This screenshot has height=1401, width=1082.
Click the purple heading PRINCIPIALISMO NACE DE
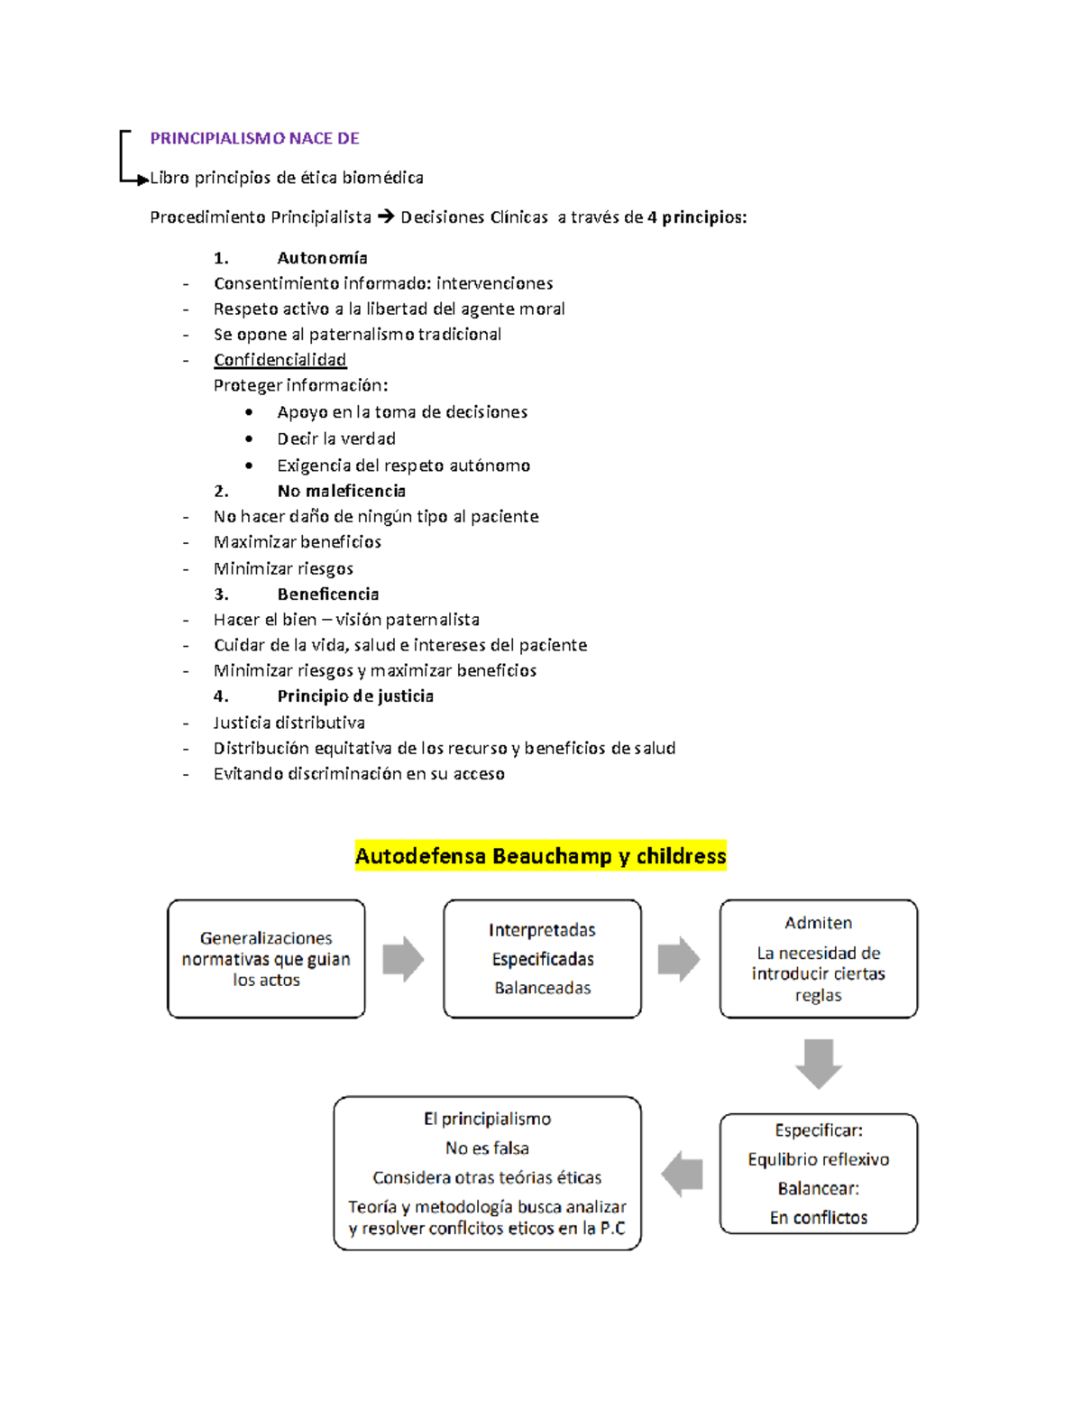pyautogui.click(x=254, y=138)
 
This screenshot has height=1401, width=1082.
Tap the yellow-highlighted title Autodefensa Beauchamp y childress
pyautogui.click(x=540, y=855)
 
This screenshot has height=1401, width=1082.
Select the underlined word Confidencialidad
pyautogui.click(x=280, y=360)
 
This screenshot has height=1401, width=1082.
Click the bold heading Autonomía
pyautogui.click(x=322, y=258)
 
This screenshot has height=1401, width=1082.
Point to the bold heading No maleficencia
pyautogui.click(x=341, y=491)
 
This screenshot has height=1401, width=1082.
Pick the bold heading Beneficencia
pyautogui.click(x=327, y=594)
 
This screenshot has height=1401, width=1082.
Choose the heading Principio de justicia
pyautogui.click(x=355, y=696)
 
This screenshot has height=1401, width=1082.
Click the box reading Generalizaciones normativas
pyautogui.click(x=266, y=959)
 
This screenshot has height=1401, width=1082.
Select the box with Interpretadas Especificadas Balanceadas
pyautogui.click(x=542, y=959)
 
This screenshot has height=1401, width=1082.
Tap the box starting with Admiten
pyautogui.click(x=818, y=959)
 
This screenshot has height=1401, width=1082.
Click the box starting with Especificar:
pyautogui.click(x=818, y=1173)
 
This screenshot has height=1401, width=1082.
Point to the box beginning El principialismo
pyautogui.click(x=487, y=1173)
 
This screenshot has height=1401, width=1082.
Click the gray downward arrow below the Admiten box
pyautogui.click(x=818, y=1063)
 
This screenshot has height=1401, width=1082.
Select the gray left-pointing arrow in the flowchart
pyautogui.click(x=682, y=1174)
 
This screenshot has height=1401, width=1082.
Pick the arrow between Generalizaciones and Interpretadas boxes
pyautogui.click(x=403, y=959)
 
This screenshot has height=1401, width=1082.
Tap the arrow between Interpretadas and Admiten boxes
pyautogui.click(x=679, y=959)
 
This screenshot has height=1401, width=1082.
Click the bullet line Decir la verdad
pyautogui.click(x=335, y=438)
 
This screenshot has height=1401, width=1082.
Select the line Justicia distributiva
pyautogui.click(x=289, y=723)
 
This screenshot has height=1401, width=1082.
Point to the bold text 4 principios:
pyautogui.click(x=697, y=217)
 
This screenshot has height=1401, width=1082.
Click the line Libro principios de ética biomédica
pyautogui.click(x=286, y=178)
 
